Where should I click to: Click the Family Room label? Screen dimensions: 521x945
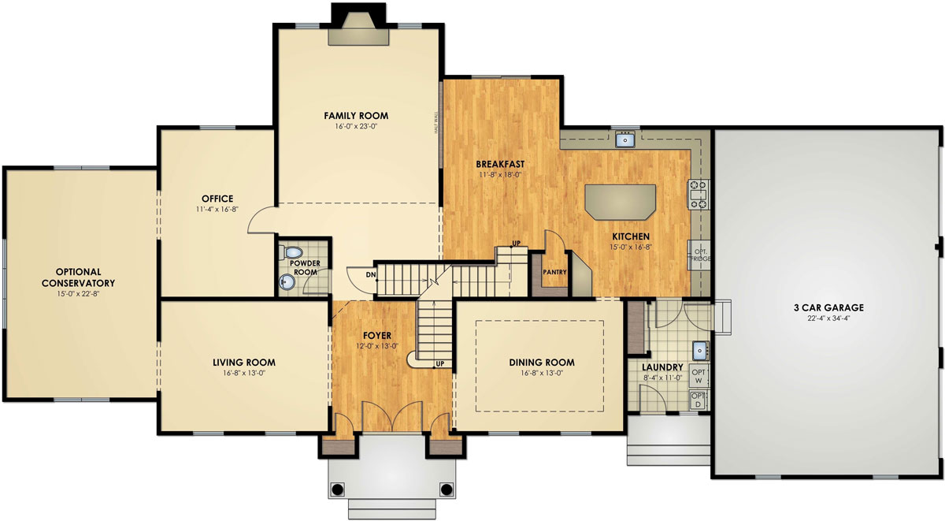pyautogui.click(x=356, y=116)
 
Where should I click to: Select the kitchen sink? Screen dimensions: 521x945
pyautogui.click(x=626, y=140)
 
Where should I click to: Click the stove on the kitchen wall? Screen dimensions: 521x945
pyautogui.click(x=699, y=194)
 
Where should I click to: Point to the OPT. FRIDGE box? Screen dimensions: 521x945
pyautogui.click(x=699, y=254)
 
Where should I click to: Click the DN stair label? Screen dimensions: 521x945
pyautogui.click(x=370, y=274)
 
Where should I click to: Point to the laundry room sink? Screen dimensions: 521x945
pyautogui.click(x=699, y=350)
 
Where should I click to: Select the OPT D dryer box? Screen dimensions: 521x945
pyautogui.click(x=699, y=400)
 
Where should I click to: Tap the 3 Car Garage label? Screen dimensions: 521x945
pyautogui.click(x=828, y=307)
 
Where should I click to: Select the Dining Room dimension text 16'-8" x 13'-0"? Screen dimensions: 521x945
pyautogui.click(x=541, y=374)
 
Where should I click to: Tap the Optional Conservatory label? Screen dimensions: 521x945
pyautogui.click(x=78, y=277)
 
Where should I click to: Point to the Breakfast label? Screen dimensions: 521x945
pyautogui.click(x=500, y=164)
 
